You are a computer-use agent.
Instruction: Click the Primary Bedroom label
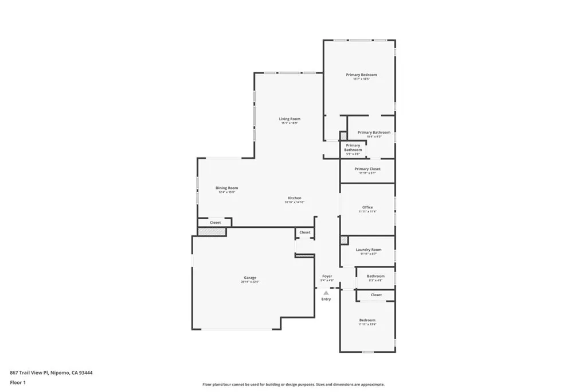point(361,75)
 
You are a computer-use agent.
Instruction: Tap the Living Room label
point(290,119)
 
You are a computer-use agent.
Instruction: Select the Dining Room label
point(226,188)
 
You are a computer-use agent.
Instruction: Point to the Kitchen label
point(295,198)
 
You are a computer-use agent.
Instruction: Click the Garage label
point(250,278)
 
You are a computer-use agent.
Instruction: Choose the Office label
point(367,207)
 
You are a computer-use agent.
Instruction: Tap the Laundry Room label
point(368,250)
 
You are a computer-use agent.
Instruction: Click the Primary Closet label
point(367,169)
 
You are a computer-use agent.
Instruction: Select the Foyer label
point(327,276)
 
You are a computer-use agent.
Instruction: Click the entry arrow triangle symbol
point(326,293)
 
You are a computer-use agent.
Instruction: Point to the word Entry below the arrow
point(326,299)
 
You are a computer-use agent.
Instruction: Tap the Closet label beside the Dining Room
point(215,222)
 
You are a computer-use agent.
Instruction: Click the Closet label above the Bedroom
point(376,295)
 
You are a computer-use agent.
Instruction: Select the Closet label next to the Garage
point(305,232)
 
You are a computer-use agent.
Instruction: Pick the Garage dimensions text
point(250,282)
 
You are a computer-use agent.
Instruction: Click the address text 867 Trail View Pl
point(51,372)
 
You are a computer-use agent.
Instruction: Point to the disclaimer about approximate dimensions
point(293,385)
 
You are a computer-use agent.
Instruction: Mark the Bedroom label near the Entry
point(367,320)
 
